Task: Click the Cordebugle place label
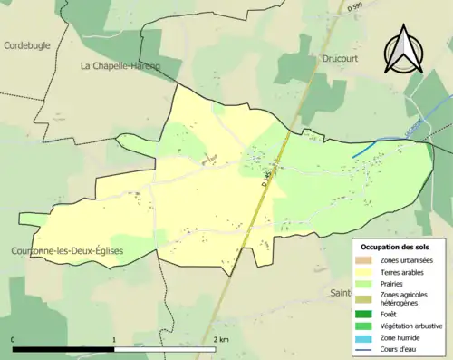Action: pyautogui.click(x=28, y=44)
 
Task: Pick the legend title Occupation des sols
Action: pyautogui.click(x=396, y=246)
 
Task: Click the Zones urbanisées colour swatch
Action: pyautogui.click(x=367, y=260)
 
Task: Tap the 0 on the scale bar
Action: pyautogui.click(x=14, y=340)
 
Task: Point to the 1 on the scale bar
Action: pyautogui.click(x=114, y=340)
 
